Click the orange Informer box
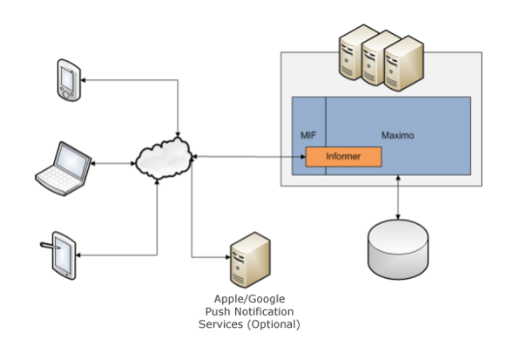coord(344,157)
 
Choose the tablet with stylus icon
coord(64,253)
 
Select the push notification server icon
coord(246,259)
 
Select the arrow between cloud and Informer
coord(248,157)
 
